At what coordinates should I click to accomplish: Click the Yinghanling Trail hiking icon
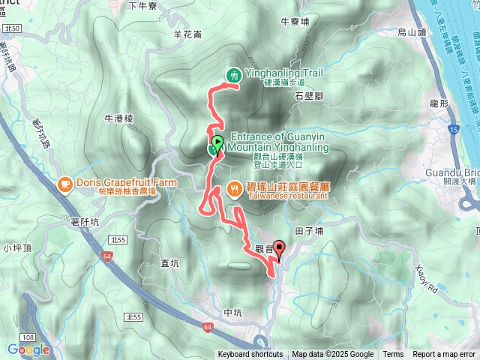234,74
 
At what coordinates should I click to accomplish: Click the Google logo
28,349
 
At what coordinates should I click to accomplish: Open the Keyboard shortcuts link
250,355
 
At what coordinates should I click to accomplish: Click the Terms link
393,355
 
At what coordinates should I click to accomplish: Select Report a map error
444,355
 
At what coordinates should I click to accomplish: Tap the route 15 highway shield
454,130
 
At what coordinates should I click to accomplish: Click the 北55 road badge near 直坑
115,239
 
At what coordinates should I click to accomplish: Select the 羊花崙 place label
187,34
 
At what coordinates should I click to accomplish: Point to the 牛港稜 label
118,118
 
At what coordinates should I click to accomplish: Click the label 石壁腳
308,97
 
